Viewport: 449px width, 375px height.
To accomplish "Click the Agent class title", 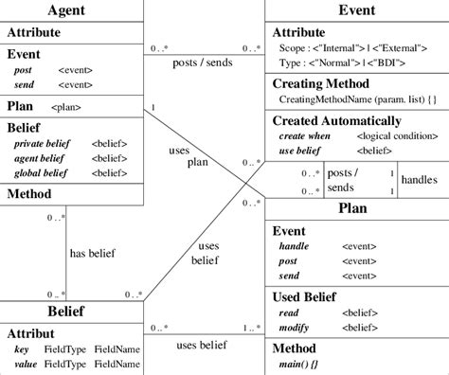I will tap(72, 10).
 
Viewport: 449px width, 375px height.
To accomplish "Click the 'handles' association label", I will tap(419, 179).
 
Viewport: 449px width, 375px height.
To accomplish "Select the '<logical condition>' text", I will tap(390, 136).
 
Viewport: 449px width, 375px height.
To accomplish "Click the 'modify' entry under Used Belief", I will tap(295, 327).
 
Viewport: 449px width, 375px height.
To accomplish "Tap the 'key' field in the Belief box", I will tap(22, 348).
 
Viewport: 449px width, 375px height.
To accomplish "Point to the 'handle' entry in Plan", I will tap(294, 246).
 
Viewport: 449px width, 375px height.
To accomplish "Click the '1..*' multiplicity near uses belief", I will tap(250, 329).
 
